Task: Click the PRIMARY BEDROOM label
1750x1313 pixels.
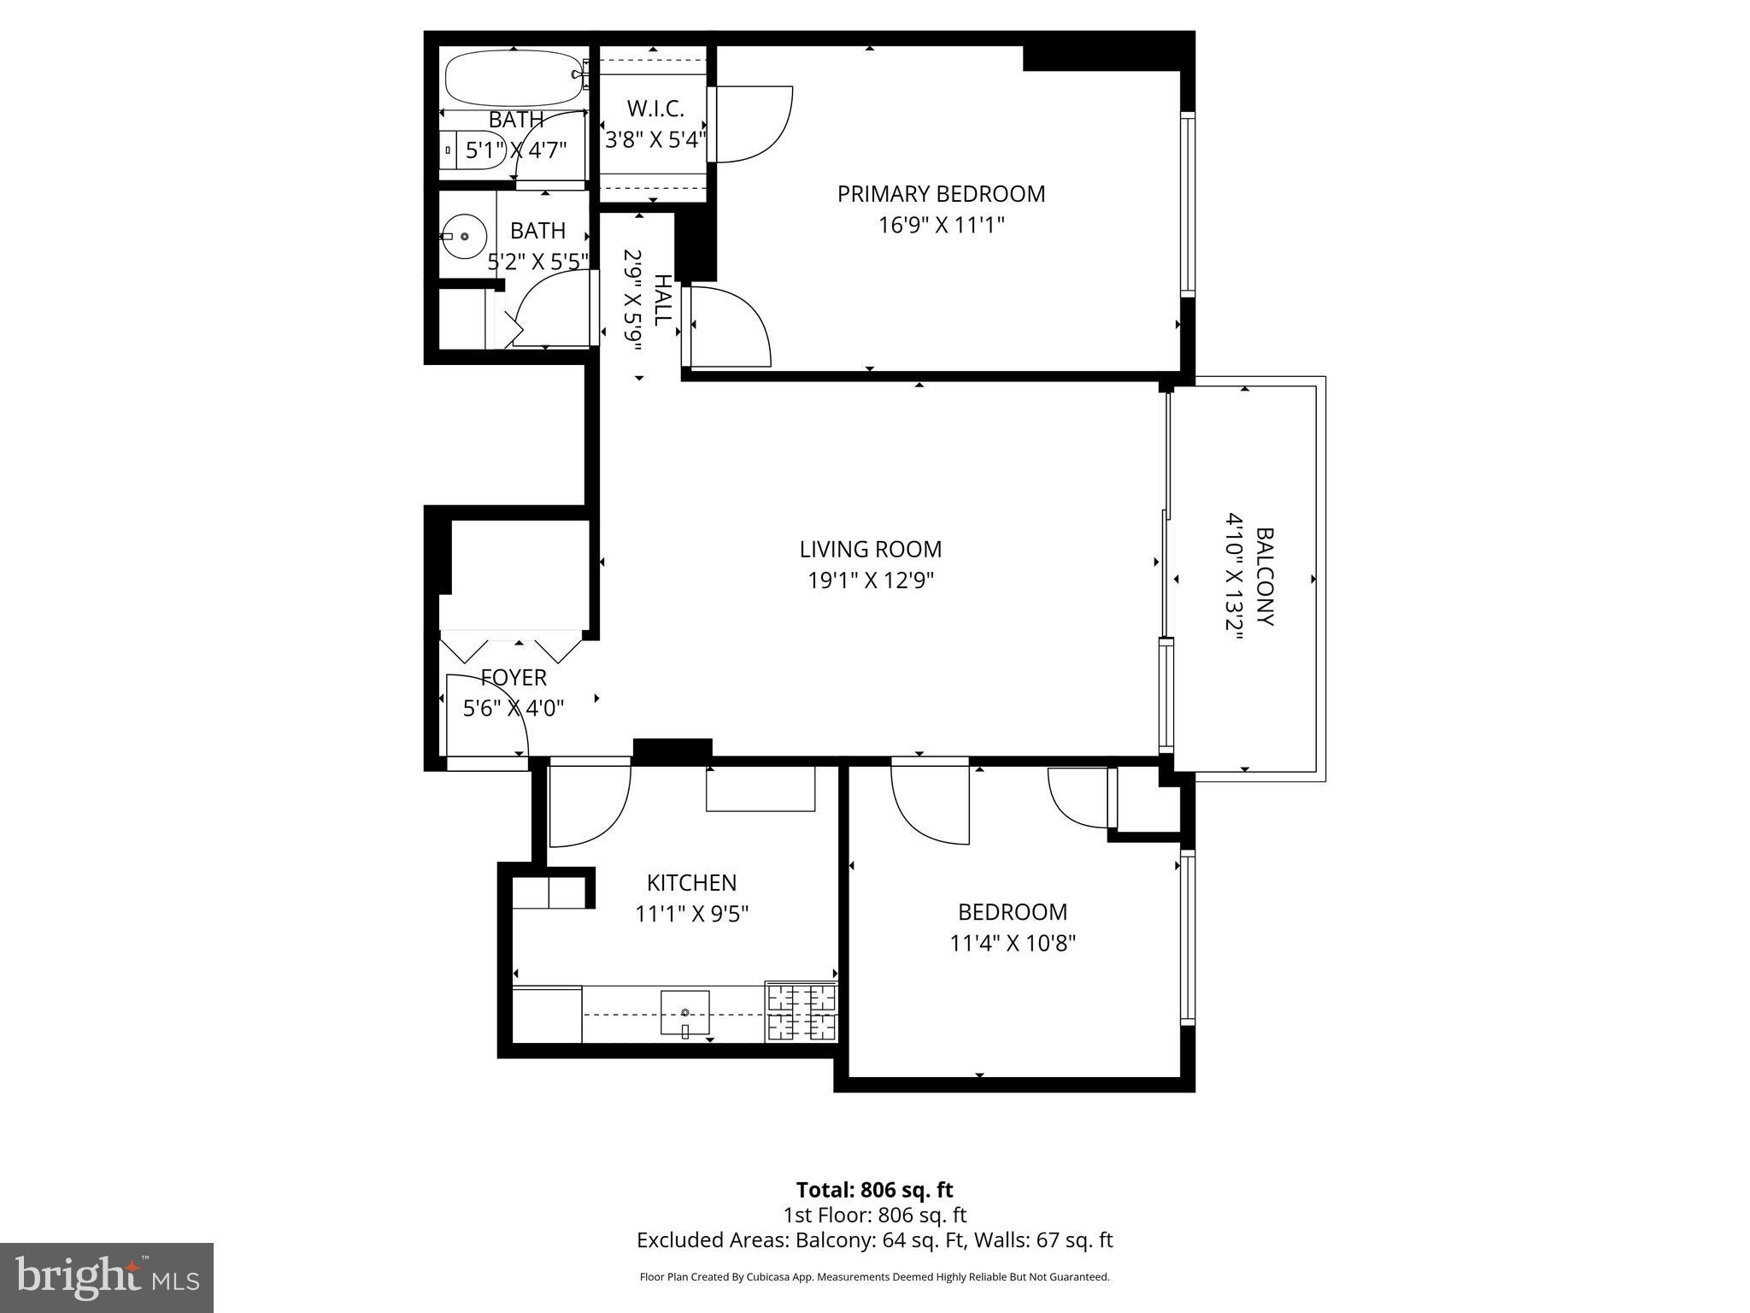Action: point(941,194)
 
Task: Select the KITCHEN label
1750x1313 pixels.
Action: point(691,882)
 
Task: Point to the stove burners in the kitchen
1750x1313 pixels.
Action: point(802,1012)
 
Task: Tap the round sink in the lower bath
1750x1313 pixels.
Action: point(463,235)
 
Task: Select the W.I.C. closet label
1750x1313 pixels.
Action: point(655,109)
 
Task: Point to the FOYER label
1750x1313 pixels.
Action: point(514,678)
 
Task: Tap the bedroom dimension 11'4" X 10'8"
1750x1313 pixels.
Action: point(1013,944)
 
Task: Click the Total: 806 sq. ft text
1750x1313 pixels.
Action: point(874,1190)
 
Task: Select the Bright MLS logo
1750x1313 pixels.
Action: point(107,1277)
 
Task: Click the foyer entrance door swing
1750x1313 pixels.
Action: point(484,714)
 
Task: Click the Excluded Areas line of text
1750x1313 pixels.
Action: point(874,1240)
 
